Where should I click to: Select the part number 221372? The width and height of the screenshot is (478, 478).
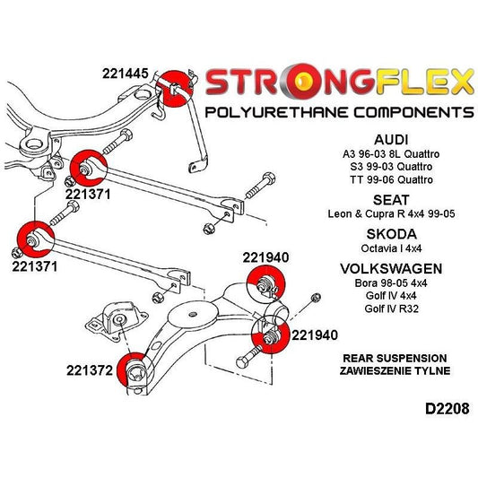pyautogui.click(x=90, y=369)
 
